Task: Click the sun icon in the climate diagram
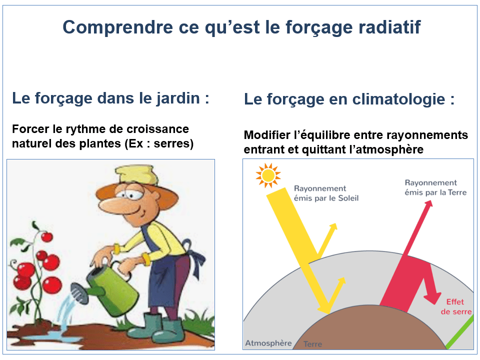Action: [x=268, y=175]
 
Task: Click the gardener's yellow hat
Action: [x=136, y=175]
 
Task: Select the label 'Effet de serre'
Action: [x=456, y=306]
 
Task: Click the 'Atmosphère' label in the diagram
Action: [x=268, y=343]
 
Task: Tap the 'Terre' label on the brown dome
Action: [x=312, y=344]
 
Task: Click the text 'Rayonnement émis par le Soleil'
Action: [x=326, y=193]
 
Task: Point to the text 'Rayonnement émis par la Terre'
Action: [x=435, y=187]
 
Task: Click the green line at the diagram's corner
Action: [x=459, y=332]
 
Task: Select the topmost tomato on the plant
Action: [x=47, y=237]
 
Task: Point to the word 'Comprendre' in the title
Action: [x=118, y=27]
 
